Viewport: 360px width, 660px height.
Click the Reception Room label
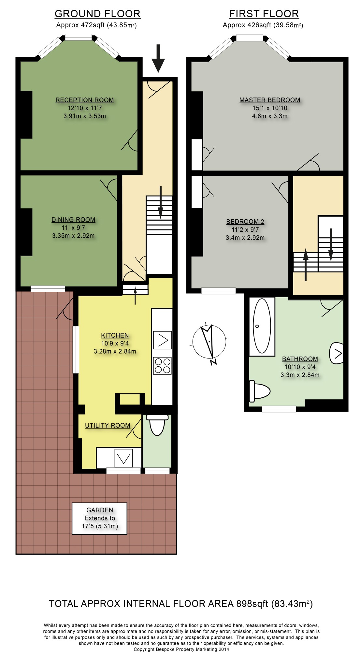click(x=85, y=100)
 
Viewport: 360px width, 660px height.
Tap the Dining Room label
click(x=73, y=220)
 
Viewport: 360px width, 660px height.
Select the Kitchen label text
click(x=115, y=335)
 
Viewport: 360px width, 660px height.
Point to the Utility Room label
click(x=108, y=425)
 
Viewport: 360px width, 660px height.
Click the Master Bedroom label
click(x=270, y=100)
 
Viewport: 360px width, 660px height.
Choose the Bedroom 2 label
click(x=245, y=222)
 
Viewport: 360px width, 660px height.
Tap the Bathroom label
click(x=300, y=359)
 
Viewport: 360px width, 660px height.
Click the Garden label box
click(x=99, y=518)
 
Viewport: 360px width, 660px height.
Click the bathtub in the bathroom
click(x=262, y=326)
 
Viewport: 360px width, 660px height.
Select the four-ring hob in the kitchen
click(x=162, y=366)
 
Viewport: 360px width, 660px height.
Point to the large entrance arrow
click(x=158, y=58)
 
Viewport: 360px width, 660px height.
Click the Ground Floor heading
click(x=97, y=14)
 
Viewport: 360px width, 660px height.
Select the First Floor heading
click(x=264, y=14)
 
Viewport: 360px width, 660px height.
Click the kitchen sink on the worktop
click(x=162, y=340)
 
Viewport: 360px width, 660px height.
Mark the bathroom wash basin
click(x=337, y=353)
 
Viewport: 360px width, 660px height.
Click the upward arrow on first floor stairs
click(x=306, y=264)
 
